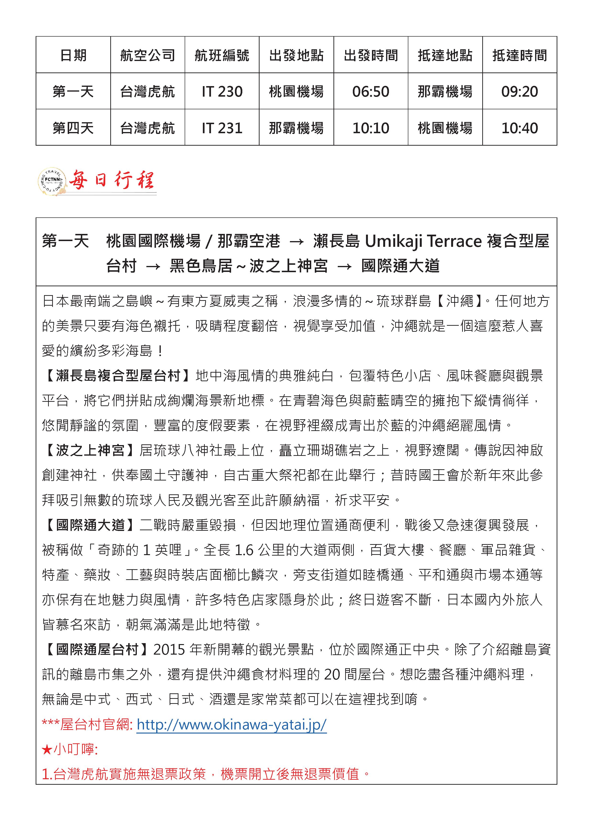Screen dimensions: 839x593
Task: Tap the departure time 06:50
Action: [x=371, y=91]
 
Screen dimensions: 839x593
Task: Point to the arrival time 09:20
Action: [x=519, y=91]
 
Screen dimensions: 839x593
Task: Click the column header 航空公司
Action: [x=148, y=55]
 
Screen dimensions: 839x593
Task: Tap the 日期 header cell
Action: [x=73, y=55]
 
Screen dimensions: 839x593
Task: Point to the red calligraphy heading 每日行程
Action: [x=112, y=180]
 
